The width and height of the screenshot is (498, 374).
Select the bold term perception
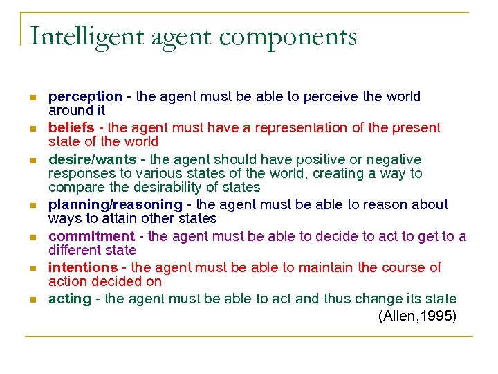click(x=85, y=97)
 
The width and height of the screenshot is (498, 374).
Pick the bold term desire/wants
click(x=92, y=160)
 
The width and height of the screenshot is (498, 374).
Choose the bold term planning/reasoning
click(x=115, y=205)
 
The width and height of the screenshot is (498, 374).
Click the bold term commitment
click(x=91, y=236)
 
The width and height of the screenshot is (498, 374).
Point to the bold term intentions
click(x=83, y=267)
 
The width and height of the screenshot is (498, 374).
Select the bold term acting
click(x=70, y=299)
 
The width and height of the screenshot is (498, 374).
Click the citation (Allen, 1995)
click(x=417, y=317)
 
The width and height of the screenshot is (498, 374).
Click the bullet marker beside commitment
click(x=32, y=237)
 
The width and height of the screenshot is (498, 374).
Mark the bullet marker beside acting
click(x=32, y=300)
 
